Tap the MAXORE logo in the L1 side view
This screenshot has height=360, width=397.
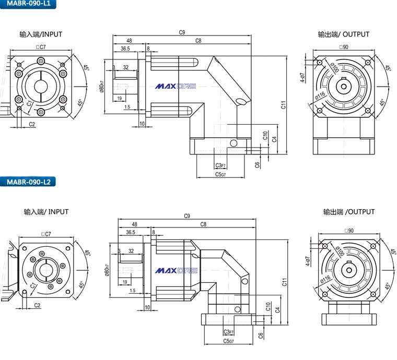pos(176,86)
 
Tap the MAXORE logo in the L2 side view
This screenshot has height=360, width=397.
pos(176,271)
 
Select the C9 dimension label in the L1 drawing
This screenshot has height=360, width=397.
pos(182,32)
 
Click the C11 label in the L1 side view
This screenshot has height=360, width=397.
pos(284,104)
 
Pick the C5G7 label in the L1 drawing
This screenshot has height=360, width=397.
pos(220,175)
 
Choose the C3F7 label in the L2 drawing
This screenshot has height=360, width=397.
pos(228,332)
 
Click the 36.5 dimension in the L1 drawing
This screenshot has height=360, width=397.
pos(125,49)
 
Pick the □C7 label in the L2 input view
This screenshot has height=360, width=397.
pos(46,234)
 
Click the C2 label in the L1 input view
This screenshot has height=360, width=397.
pos(32,124)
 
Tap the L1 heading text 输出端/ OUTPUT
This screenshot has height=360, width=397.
pos(343,34)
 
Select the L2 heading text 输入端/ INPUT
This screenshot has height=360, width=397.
pos(46,212)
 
